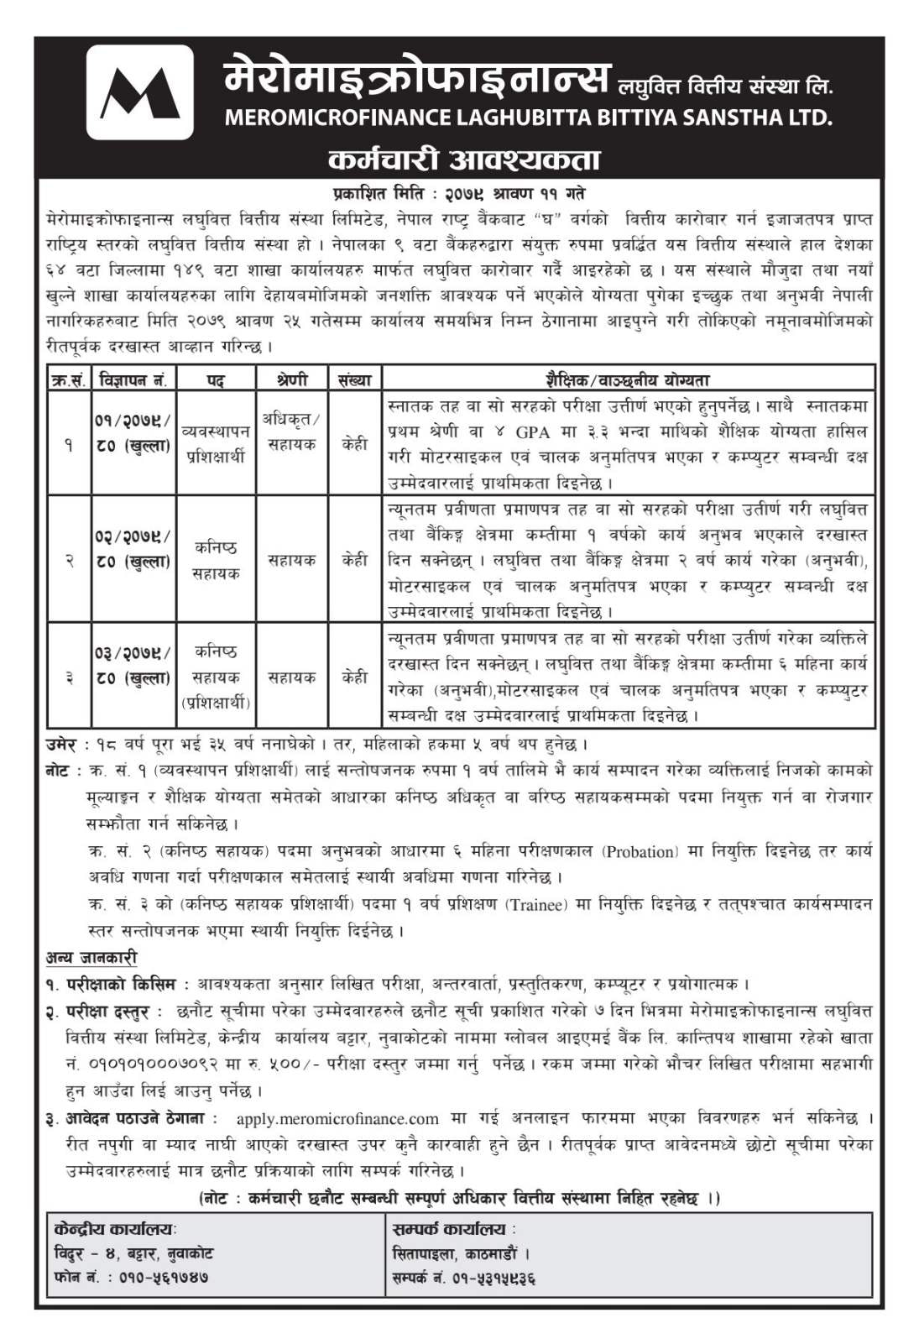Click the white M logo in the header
pyautogui.click(x=139, y=92)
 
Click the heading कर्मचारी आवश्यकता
pyautogui.click(x=464, y=160)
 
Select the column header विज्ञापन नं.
pyautogui.click(x=133, y=380)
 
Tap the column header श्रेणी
pyautogui.click(x=291, y=380)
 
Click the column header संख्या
pyautogui.click(x=354, y=380)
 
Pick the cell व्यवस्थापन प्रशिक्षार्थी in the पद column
pyautogui.click(x=215, y=444)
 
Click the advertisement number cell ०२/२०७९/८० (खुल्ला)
pyautogui.click(x=133, y=548)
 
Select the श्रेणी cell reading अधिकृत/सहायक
pyautogui.click(x=291, y=431)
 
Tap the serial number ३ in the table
pyautogui.click(x=69, y=677)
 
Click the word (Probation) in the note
pyautogui.click(x=639, y=852)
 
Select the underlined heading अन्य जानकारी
pyautogui.click(x=91, y=958)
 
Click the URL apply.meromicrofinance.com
pyautogui.click(x=337, y=1119)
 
